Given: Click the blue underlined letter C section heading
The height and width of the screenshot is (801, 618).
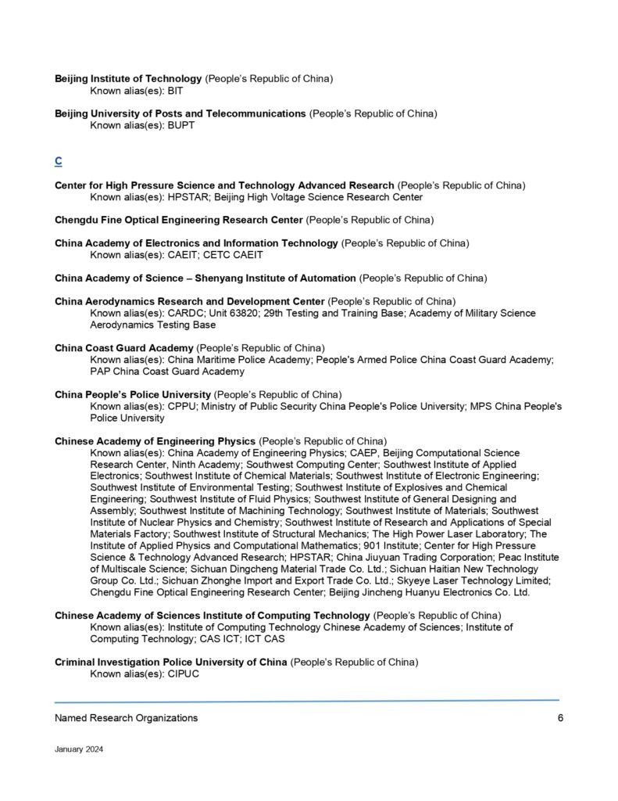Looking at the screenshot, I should pyautogui.click(x=59, y=161).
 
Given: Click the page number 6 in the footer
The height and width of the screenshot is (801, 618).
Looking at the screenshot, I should pyautogui.click(x=560, y=718).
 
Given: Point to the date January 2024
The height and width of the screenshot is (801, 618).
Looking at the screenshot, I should pyautogui.click(x=79, y=749).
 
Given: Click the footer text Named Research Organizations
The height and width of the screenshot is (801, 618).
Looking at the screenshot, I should pyautogui.click(x=126, y=718).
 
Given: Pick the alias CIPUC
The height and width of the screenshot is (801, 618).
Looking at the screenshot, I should pyautogui.click(x=184, y=673).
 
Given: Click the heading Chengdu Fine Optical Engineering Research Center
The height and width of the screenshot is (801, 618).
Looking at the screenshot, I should pyautogui.click(x=178, y=219).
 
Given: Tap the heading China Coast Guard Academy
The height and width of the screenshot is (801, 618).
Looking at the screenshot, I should pyautogui.click(x=123, y=347).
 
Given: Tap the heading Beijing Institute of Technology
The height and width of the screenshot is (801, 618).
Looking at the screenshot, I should pyautogui.click(x=128, y=79).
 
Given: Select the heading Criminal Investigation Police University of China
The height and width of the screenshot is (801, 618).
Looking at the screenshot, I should pyautogui.click(x=171, y=662).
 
